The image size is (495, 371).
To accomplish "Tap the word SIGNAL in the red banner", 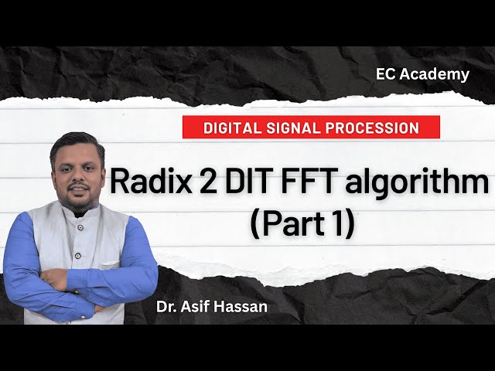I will pos(295,127).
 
